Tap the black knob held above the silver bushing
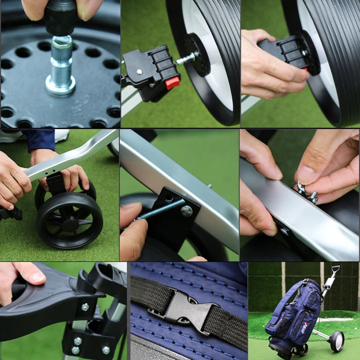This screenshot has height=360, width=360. tap(60, 18)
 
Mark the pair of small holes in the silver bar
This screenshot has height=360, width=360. tap(53, 171)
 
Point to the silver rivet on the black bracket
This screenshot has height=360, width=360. tap(187, 211)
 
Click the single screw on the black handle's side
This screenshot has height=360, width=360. tap(85, 307)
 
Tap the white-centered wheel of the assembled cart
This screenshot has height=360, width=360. tap(336, 341)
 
